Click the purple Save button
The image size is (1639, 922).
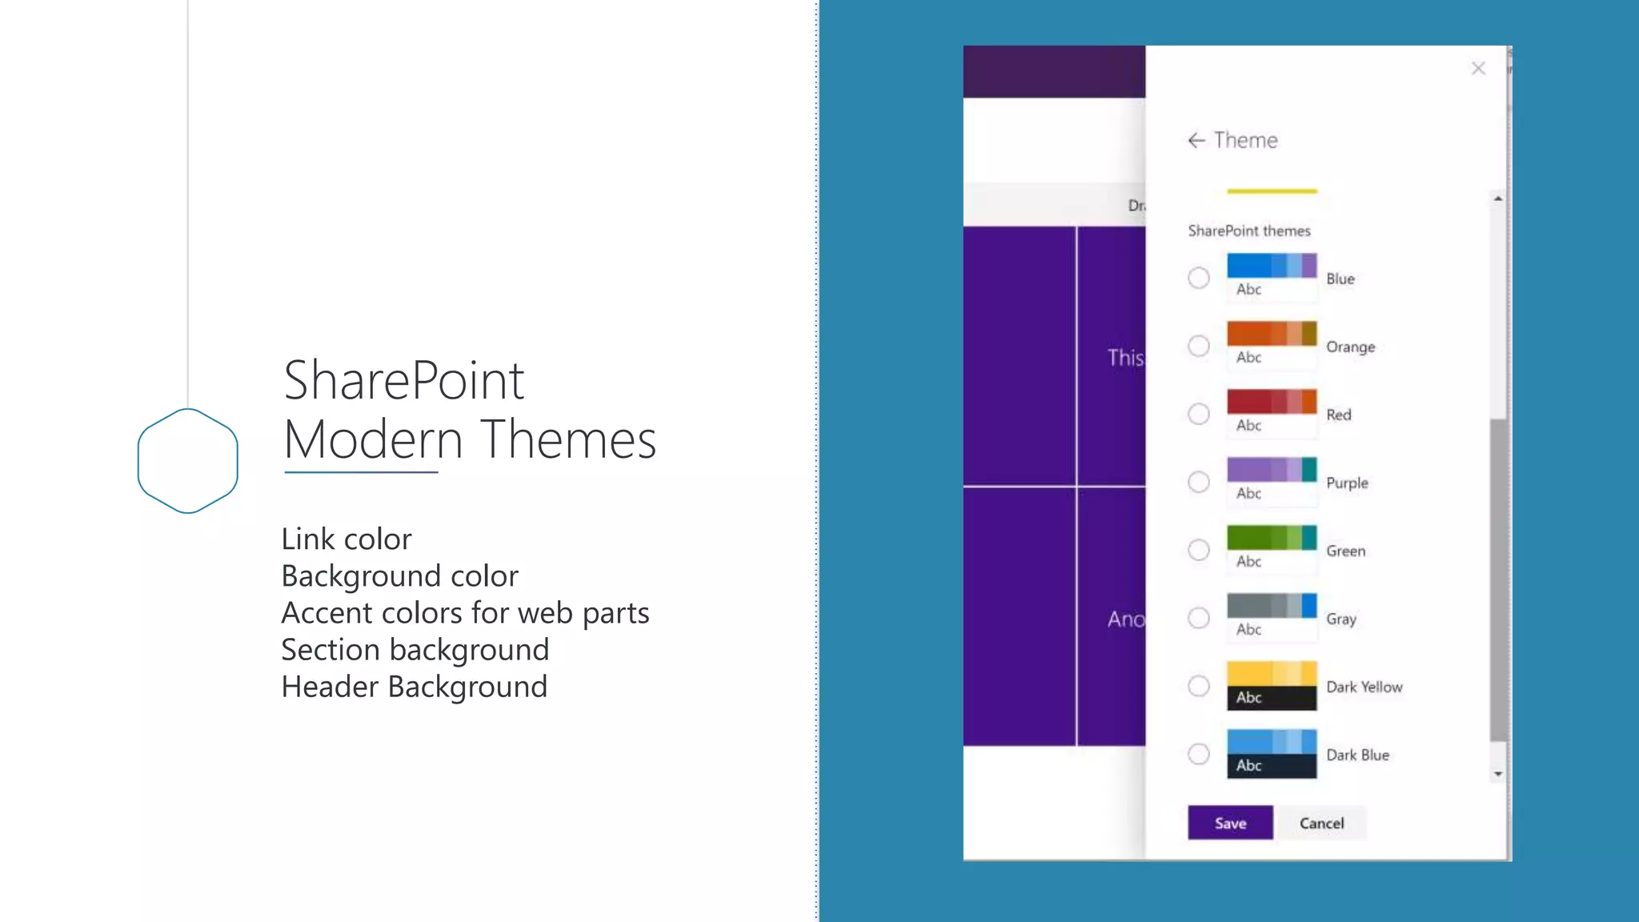(x=1230, y=823)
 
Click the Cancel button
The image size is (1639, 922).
(x=1321, y=823)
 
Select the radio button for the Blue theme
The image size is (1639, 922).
(x=1198, y=278)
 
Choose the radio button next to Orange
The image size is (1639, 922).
(x=1198, y=346)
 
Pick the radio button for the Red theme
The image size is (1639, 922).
(x=1198, y=414)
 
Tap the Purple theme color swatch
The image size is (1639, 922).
(x=1272, y=481)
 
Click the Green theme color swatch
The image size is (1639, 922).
(x=1272, y=549)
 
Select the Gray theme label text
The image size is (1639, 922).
(x=1340, y=619)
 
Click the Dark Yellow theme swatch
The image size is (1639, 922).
(x=1272, y=685)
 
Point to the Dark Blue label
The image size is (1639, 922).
(x=1357, y=755)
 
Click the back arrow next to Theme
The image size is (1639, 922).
(x=1196, y=141)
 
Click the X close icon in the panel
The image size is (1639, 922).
(x=1478, y=69)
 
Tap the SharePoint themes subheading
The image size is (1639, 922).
(x=1248, y=230)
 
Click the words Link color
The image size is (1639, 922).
(x=346, y=539)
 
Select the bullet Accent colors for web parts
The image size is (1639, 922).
(x=464, y=613)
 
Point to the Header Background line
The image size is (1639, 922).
(x=414, y=687)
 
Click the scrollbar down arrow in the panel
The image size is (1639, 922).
(x=1497, y=774)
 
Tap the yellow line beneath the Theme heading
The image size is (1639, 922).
(x=1272, y=191)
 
